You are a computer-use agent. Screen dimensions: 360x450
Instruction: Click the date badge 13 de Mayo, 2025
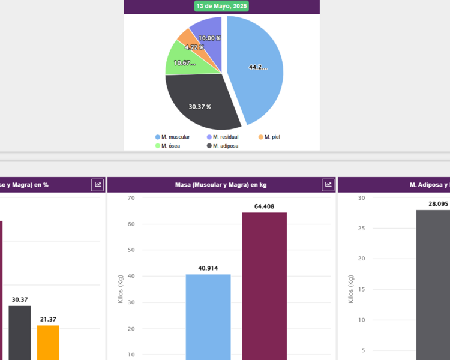[221, 6]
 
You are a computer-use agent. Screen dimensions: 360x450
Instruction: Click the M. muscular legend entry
[172, 137]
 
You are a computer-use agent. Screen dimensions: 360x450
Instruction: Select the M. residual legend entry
[223, 137]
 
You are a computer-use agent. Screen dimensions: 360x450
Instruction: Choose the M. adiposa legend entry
[223, 146]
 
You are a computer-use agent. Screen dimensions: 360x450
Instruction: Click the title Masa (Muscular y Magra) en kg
[221, 185]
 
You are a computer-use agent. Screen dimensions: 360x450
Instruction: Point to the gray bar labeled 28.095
[433, 284]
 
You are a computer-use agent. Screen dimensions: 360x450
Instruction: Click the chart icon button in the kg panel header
[328, 185]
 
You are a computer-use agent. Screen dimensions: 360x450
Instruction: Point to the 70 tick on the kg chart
[131, 198]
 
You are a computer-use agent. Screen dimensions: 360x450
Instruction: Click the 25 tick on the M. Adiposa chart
[361, 229]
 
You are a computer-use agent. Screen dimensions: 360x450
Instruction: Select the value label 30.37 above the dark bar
[19, 299]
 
